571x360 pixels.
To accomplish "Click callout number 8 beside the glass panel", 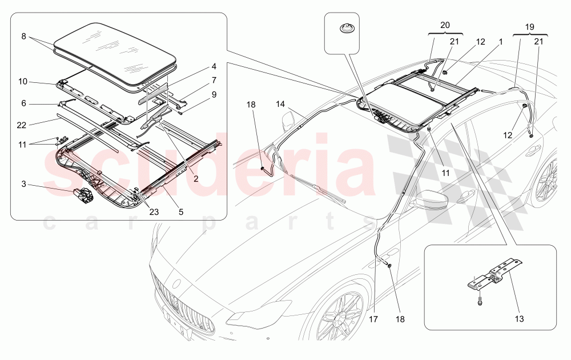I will coord(24,36).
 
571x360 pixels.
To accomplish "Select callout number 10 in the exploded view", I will coord(23,82).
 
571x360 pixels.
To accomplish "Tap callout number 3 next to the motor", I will coord(23,183).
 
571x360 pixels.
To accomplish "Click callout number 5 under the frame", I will coord(180,211).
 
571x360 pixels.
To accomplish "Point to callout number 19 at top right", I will coord(529,26).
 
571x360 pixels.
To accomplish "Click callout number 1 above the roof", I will coord(500,42).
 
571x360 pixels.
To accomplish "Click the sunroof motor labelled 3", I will coord(85,195).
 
